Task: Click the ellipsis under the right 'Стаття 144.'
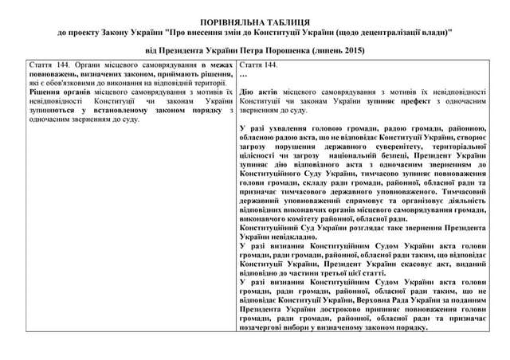tap(243, 73)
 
